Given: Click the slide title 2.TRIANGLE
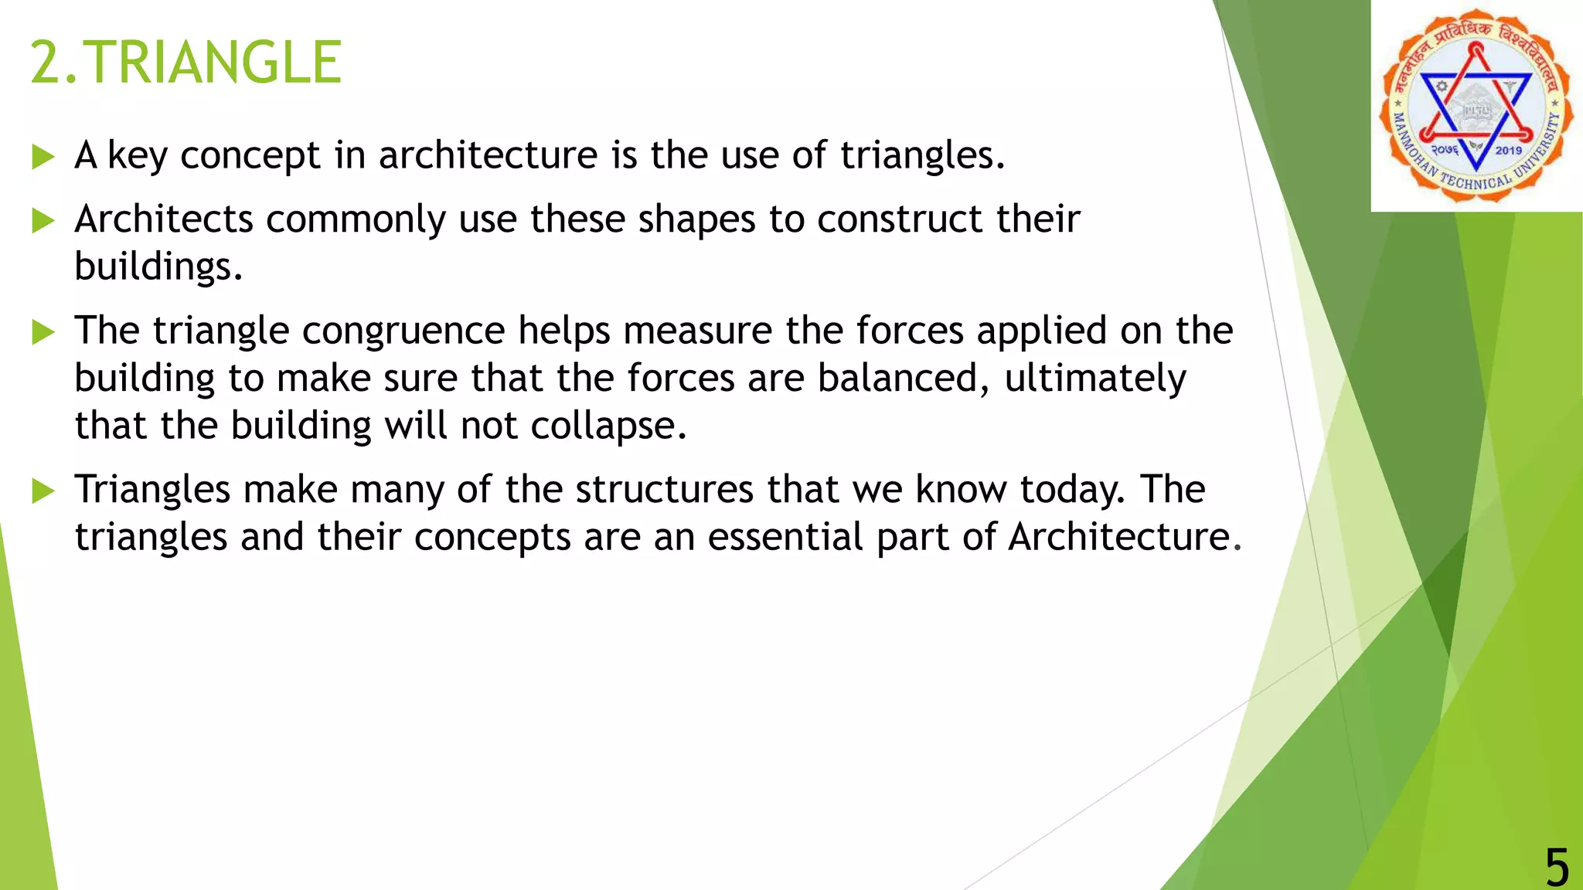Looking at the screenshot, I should pyautogui.click(x=186, y=63).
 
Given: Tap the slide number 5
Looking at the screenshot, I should pyautogui.click(x=1557, y=867).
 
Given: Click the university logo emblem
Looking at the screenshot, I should pyautogui.click(x=1476, y=106).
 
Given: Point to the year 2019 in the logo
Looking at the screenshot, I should pyautogui.click(x=1508, y=151).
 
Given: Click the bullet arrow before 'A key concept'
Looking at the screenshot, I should pyautogui.click(x=43, y=158).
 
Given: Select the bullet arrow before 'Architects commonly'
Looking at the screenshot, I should pyautogui.click(x=43, y=222).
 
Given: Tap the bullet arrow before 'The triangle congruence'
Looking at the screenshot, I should pyautogui.click(x=43, y=333).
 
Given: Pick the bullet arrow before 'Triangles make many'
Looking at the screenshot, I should pyautogui.click(x=43, y=491).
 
